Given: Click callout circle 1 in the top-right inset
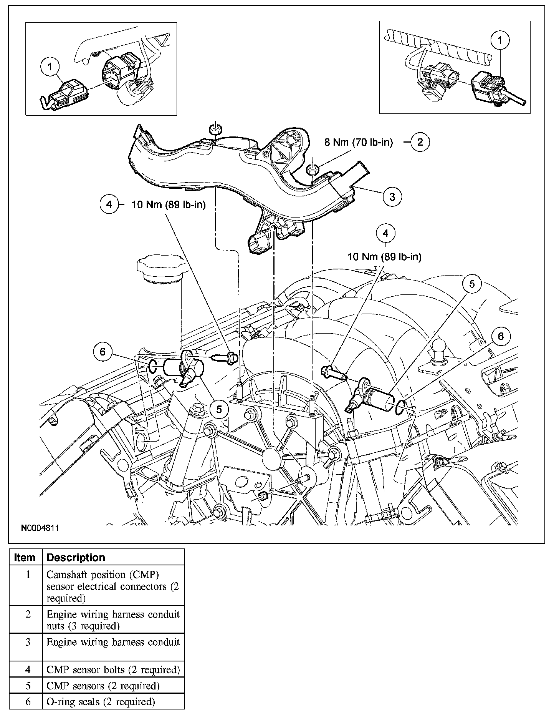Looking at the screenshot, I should click(500, 40).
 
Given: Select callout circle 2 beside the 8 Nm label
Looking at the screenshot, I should click(420, 142).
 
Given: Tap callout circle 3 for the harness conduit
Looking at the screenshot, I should click(392, 197).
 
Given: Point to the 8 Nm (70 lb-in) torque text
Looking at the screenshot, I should click(359, 143).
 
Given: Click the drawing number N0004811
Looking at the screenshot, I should click(40, 528).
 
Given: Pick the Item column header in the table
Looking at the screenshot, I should click(25, 557).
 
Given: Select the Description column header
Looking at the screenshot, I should click(76, 557).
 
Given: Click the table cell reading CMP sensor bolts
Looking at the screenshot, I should click(113, 669).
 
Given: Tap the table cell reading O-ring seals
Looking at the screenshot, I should click(101, 702).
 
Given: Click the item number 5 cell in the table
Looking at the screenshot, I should click(28, 686).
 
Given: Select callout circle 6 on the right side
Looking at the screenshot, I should click(501, 337).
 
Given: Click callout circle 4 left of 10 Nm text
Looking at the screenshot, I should click(109, 204).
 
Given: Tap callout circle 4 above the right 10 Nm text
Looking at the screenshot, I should click(385, 233).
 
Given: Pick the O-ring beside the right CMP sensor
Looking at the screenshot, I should click(400, 407).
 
